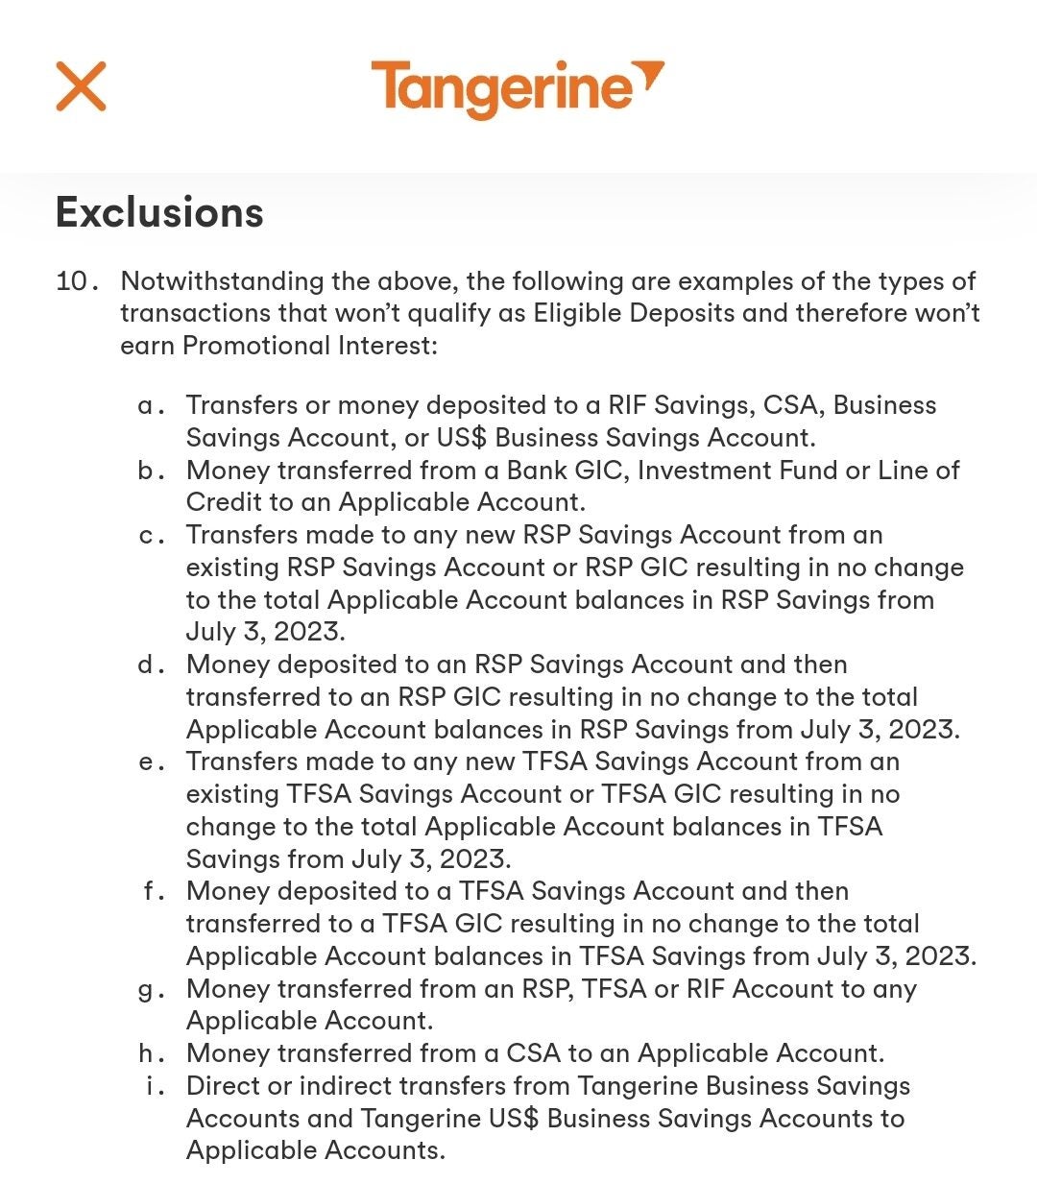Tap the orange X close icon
pos(81,86)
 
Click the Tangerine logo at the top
pos(517,88)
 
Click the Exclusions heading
pos(159,212)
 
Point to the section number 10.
pos(76,281)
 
